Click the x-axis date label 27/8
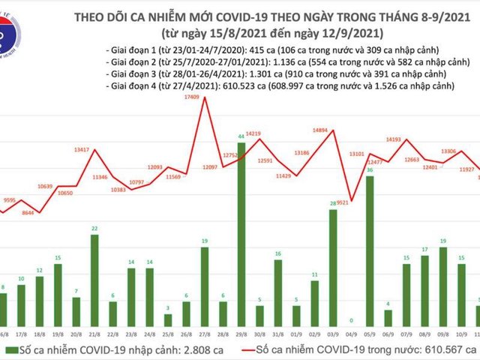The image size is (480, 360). (x=204, y=334)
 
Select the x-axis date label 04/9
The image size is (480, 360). (x=351, y=334)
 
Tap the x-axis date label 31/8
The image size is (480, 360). (x=277, y=334)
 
